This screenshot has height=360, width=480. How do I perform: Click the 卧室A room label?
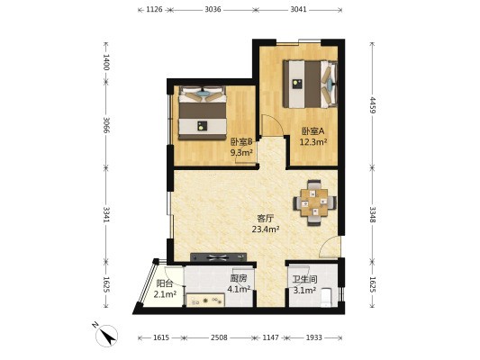pos(312,131)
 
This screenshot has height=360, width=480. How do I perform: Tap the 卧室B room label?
pos(241,142)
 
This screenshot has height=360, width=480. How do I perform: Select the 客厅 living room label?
pos(265,219)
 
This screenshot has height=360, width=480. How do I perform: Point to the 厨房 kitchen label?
pos(238,278)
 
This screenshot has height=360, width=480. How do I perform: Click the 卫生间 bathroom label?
pos(304,279)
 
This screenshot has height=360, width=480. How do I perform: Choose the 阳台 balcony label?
pos(165,283)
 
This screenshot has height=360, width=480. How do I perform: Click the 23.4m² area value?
pos(266,229)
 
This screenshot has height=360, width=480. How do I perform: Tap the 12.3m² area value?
pos(313,142)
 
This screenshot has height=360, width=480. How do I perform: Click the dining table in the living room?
pos(314,202)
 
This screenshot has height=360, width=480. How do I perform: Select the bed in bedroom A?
pos(310,84)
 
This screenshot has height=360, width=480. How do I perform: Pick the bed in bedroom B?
pos(203,112)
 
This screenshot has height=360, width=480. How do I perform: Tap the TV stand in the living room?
pos(219,257)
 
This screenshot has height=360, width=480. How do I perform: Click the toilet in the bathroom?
pos(326,297)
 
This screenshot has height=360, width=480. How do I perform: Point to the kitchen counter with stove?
pos(205,300)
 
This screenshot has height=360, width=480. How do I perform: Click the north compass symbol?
pos(106,335)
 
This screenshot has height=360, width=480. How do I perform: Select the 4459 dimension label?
pos(372,105)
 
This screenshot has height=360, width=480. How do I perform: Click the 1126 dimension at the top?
pos(154,10)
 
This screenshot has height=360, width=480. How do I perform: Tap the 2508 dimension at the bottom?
pos(219,337)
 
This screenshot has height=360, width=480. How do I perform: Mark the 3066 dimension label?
pos(106,125)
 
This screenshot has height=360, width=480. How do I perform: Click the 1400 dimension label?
pos(106,62)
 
